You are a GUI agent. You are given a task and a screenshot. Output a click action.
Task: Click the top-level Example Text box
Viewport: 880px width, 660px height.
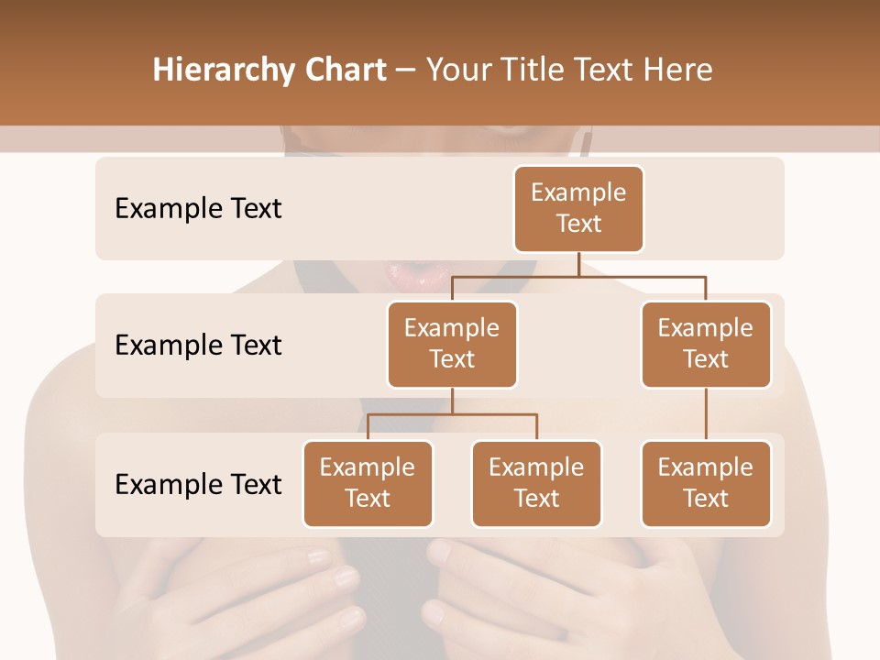click(x=578, y=209)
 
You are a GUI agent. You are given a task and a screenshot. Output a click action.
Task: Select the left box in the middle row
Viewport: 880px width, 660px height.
click(x=452, y=344)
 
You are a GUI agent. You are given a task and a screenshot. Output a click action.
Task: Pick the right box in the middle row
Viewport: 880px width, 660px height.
click(x=706, y=344)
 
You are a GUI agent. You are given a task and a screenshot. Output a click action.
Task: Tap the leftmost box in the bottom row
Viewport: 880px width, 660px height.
click(x=368, y=483)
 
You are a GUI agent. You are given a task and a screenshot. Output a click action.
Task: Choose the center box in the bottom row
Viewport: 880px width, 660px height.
click(x=536, y=483)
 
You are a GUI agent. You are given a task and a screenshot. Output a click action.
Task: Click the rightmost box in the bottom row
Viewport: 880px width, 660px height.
click(x=706, y=483)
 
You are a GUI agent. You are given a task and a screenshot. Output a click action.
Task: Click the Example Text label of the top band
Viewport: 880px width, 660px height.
click(x=198, y=209)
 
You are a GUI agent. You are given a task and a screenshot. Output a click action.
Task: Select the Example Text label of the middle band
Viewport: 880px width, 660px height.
click(x=198, y=346)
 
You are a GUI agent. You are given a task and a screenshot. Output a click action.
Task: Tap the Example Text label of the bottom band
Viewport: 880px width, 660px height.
click(x=198, y=484)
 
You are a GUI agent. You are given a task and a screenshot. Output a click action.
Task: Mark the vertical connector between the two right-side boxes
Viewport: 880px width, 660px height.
click(x=706, y=414)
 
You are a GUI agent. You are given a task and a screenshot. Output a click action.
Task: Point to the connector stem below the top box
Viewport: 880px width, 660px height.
click(x=578, y=264)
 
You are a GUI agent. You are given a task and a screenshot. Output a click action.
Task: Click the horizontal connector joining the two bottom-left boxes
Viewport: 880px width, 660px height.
click(x=452, y=414)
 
